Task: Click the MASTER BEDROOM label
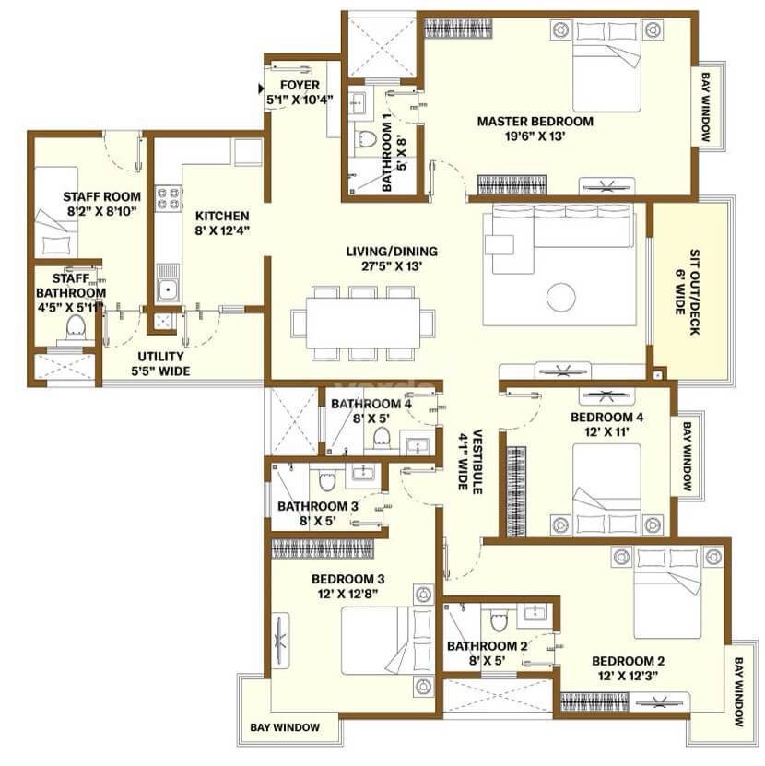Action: (535, 121)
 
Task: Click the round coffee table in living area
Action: (560, 296)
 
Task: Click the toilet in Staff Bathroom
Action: (76, 326)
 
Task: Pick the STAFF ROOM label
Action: (89, 196)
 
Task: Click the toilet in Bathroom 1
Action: (367, 142)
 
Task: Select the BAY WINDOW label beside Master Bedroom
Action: (705, 107)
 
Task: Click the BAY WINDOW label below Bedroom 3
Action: (286, 728)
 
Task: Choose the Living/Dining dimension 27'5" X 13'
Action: (392, 267)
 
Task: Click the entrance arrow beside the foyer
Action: (263, 88)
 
